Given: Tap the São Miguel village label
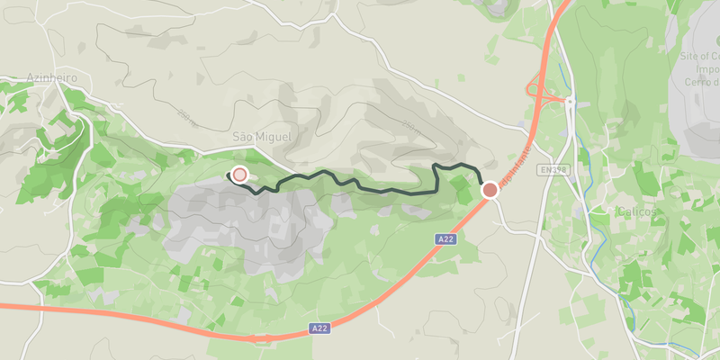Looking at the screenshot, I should tap(262, 136).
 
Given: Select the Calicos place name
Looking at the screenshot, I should tap(636, 211).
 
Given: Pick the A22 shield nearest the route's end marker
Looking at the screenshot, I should tap(445, 238).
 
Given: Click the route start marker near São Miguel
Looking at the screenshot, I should tap(239, 175).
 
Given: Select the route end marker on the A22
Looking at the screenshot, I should tap(490, 190).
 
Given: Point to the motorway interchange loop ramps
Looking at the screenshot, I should tap(540, 90).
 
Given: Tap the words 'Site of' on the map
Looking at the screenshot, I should tap(695, 56).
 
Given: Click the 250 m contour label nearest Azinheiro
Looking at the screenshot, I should tap(186, 114).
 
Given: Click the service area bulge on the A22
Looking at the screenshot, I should tap(262, 338).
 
